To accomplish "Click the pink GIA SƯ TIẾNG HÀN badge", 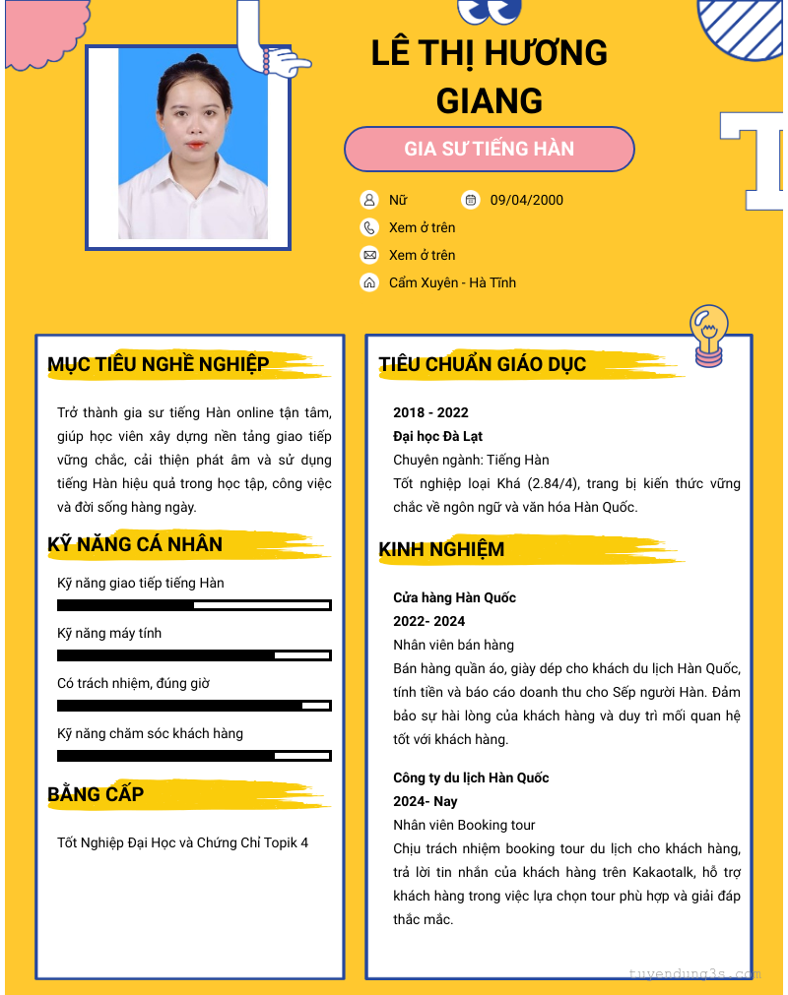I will click(x=489, y=150).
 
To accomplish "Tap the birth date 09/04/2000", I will click(x=526, y=200).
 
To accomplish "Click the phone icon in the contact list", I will click(x=369, y=227).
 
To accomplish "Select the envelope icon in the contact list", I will click(x=369, y=255).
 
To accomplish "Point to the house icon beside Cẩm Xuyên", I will click(x=369, y=282).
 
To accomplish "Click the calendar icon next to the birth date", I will click(x=471, y=200).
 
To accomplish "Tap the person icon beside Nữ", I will click(x=369, y=200).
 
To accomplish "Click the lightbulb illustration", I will click(x=708, y=335).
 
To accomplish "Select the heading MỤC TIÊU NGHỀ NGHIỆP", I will click(x=159, y=365).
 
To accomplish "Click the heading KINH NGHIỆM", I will click(x=441, y=549).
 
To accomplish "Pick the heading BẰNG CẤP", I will click(x=96, y=794).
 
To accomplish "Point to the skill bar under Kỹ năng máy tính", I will click(x=194, y=655).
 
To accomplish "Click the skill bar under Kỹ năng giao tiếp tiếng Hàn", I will click(x=194, y=605).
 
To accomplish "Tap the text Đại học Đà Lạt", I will click(x=437, y=436).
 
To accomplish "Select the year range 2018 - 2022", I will click(x=430, y=412).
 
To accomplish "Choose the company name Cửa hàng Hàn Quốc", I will click(x=454, y=597).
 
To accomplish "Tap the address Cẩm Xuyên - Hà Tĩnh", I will click(x=452, y=282).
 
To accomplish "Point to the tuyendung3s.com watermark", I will click(x=694, y=974).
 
